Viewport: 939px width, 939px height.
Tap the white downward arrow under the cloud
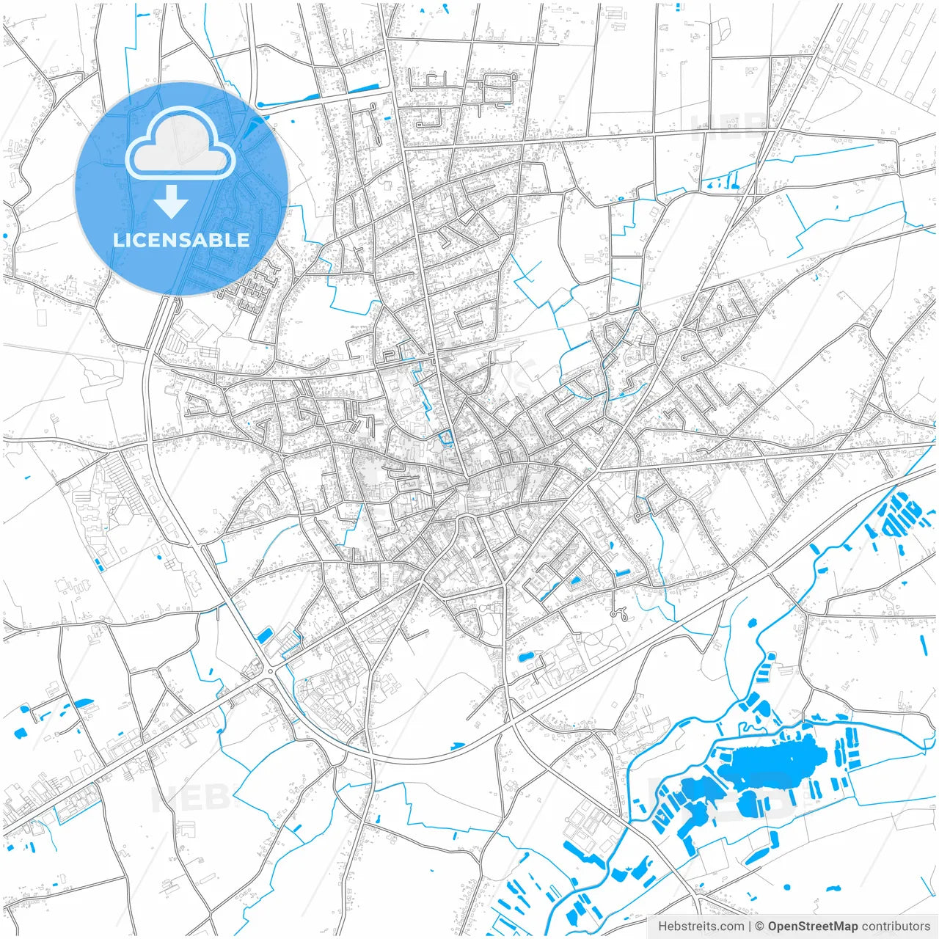[x=171, y=202]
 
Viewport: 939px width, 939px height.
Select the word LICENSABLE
[x=181, y=240]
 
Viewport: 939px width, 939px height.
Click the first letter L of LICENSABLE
[x=117, y=240]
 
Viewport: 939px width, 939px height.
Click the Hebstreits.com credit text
[x=701, y=927]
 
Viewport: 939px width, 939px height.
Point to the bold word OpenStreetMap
[x=812, y=927]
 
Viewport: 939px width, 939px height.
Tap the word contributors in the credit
[x=895, y=927]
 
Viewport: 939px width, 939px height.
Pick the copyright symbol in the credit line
[x=760, y=927]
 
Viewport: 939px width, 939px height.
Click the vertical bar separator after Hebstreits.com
[x=750, y=927]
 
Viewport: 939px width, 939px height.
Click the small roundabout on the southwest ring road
[x=271, y=671]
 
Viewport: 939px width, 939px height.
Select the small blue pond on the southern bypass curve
[x=457, y=747]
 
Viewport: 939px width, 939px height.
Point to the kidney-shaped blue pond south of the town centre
[x=525, y=656]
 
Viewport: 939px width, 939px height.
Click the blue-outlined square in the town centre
[x=445, y=439]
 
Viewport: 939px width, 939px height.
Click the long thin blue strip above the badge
[x=288, y=101]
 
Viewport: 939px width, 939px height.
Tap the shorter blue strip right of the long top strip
[x=362, y=89]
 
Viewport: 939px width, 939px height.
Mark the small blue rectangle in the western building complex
[x=98, y=563]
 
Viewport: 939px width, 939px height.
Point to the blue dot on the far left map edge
[x=5, y=235]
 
